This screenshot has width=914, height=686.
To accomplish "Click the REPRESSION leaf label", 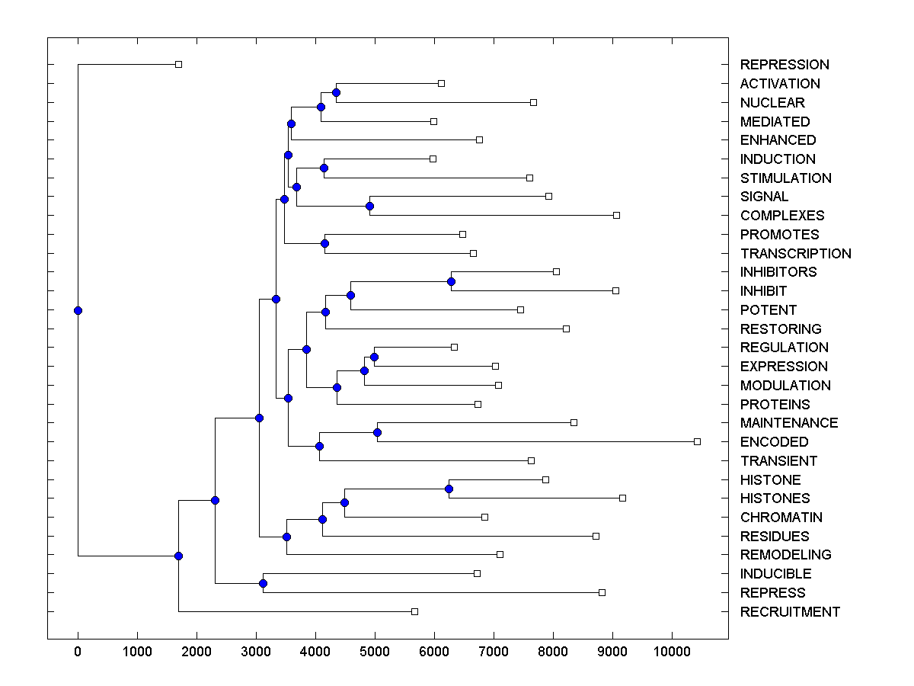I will tap(785, 65).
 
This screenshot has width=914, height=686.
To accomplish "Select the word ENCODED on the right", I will tap(774, 442).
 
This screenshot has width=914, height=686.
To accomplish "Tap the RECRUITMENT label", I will tap(790, 612).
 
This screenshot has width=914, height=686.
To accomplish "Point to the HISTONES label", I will tap(775, 498).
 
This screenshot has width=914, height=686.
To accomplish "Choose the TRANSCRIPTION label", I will tap(795, 254).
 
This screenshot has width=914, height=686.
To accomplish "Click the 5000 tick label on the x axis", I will tap(375, 651).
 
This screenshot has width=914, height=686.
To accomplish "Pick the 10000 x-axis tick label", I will tap(672, 651).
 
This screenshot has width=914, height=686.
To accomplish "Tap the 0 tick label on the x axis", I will tap(78, 651).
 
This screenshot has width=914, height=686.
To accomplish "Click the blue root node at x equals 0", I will tap(78, 310).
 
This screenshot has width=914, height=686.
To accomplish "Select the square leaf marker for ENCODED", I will tap(697, 441).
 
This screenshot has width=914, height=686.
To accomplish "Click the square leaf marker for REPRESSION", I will tap(178, 64).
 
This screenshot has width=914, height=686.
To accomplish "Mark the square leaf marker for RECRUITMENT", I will tap(414, 611).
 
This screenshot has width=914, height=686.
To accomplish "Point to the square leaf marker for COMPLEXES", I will tap(616, 215).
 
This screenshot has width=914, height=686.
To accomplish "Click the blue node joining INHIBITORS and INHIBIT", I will tap(451, 281).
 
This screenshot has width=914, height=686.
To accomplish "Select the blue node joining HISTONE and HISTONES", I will tap(449, 489).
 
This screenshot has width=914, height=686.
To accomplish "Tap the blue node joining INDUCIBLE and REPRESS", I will tap(263, 583).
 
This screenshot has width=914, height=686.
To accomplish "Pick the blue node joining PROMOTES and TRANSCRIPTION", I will tap(324, 244).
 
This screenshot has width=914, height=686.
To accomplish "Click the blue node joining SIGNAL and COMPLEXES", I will tap(369, 206).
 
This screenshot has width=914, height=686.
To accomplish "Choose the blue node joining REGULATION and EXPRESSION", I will tap(374, 357).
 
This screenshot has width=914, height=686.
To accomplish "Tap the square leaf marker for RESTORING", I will tap(566, 329).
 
